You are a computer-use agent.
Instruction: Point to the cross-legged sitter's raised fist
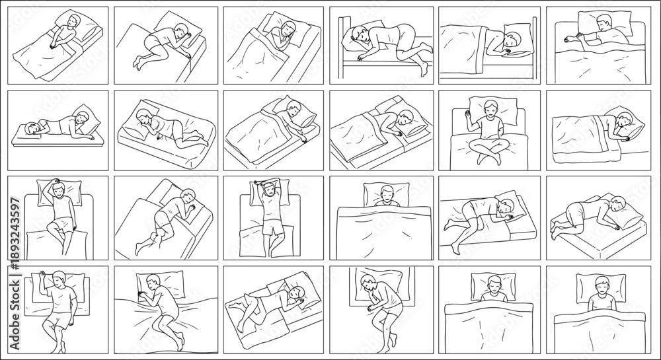(x=468, y=113)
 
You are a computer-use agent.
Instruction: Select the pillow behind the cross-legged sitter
(x=493, y=110)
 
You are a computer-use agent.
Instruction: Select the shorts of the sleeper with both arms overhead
(x=273, y=227)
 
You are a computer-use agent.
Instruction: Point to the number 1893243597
(x=15, y=228)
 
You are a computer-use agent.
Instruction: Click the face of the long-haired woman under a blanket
(x=288, y=31)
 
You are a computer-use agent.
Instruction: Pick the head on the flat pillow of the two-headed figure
(x=31, y=128)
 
